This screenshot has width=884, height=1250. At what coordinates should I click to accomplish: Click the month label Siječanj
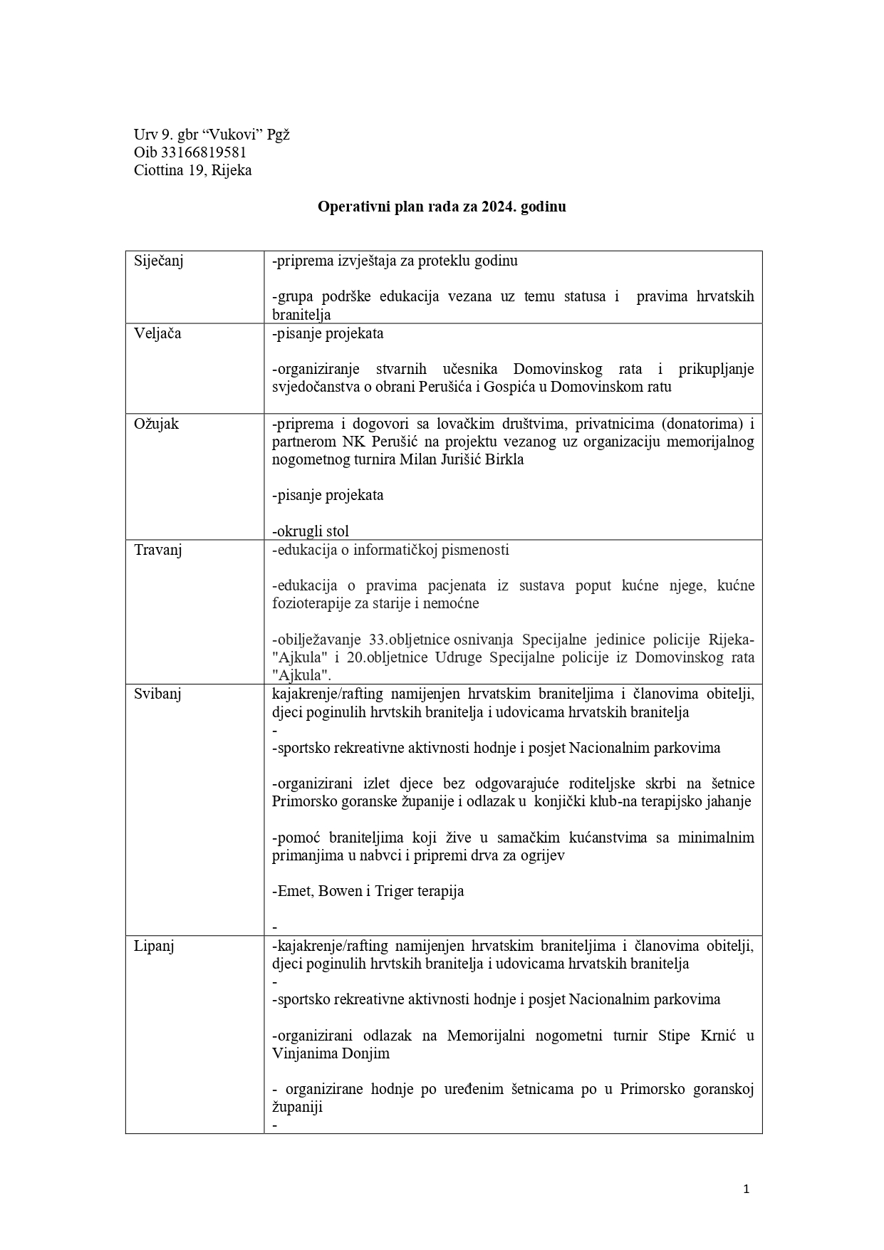(x=159, y=261)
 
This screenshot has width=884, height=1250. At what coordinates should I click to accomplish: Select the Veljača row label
(x=157, y=333)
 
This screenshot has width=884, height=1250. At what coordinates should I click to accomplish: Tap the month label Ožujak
(x=156, y=424)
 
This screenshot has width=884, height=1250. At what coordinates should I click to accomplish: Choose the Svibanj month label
(x=157, y=694)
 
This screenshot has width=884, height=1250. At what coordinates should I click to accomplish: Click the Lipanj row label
(x=154, y=946)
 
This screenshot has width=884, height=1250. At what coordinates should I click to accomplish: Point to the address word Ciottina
(x=159, y=170)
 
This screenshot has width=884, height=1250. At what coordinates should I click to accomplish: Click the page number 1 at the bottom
(x=746, y=1188)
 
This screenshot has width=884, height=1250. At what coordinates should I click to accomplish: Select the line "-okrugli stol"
(x=311, y=531)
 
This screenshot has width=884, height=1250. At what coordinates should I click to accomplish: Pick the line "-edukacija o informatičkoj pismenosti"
(x=390, y=550)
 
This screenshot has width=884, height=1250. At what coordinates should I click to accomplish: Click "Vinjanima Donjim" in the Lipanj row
(x=331, y=1053)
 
